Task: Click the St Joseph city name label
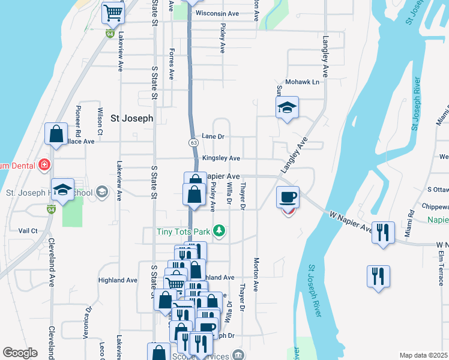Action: click(132, 118)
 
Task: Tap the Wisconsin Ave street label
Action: click(217, 13)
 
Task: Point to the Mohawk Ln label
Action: click(302, 82)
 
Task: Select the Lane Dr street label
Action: click(212, 136)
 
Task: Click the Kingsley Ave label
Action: click(221, 158)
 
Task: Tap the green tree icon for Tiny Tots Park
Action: click(220, 230)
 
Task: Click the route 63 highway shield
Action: click(193, 143)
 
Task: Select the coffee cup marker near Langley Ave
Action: click(288, 197)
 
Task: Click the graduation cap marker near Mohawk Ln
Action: click(288, 109)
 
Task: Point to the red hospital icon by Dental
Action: click(43, 164)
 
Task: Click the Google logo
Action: click(20, 353)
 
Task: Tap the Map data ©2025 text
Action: click(423, 355)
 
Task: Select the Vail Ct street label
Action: click(28, 230)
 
